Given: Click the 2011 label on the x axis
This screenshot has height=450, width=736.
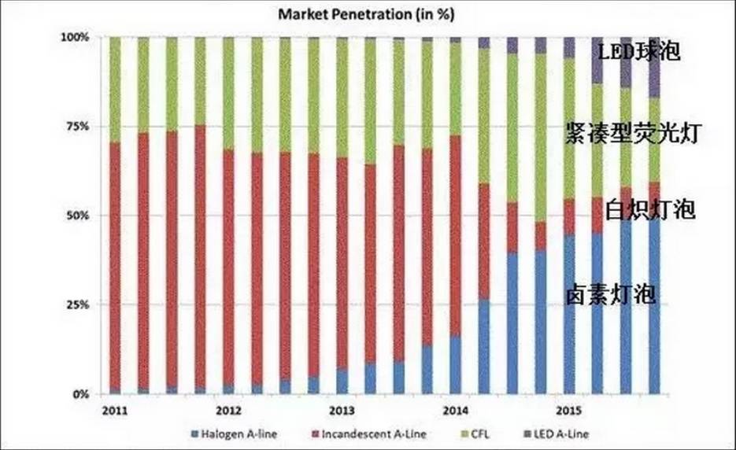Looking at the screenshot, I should pyautogui.click(x=115, y=411).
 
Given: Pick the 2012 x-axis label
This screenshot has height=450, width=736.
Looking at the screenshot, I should pyautogui.click(x=228, y=411).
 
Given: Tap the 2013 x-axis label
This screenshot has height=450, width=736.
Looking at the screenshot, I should pyautogui.click(x=342, y=411).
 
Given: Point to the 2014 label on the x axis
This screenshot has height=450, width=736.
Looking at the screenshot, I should pyautogui.click(x=455, y=411).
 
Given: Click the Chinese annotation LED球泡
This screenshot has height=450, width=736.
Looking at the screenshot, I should pyautogui.click(x=638, y=53).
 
